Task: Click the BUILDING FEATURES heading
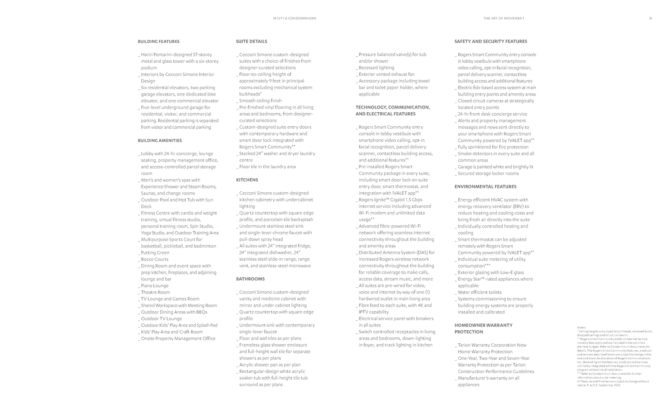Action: tap(158, 42)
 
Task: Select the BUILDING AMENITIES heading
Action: tap(160, 141)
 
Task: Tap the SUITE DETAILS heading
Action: tap(251, 42)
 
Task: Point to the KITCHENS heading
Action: tap(247, 180)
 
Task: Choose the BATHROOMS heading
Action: tap(250, 279)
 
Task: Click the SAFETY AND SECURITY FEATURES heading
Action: tap(491, 42)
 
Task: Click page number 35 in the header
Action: tap(650, 19)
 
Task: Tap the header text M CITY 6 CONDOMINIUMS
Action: tap(294, 19)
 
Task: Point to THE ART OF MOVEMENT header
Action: tap(504, 19)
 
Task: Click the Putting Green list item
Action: tap(155, 253)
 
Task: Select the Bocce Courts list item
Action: tap(155, 260)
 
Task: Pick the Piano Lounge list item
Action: tap(155, 286)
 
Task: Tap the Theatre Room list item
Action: tap(155, 292)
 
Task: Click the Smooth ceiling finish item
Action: tap(260, 101)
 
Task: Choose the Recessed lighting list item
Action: tap(376, 68)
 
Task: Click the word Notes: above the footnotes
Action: tap(581, 327)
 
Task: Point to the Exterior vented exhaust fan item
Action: tap(386, 74)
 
